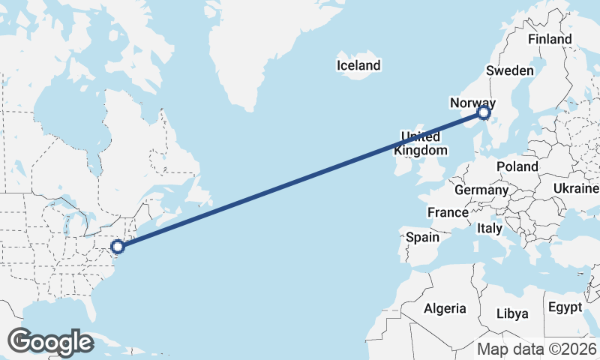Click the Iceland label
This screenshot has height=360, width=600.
pyautogui.click(x=358, y=66)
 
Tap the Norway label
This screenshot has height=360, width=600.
pyautogui.click(x=472, y=103)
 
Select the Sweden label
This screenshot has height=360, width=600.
pyautogui.click(x=509, y=70)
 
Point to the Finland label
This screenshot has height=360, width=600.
pyautogui.click(x=549, y=39)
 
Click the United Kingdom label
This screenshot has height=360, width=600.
pyautogui.click(x=420, y=143)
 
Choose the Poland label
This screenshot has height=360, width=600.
pyautogui.click(x=517, y=166)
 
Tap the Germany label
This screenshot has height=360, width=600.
pyautogui.click(x=481, y=190)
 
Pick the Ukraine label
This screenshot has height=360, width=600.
pyautogui.click(x=576, y=187)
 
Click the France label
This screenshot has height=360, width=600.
pyautogui.click(x=448, y=213)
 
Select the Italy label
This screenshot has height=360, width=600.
pyautogui.click(x=490, y=227)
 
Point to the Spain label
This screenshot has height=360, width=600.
pyautogui.click(x=422, y=237)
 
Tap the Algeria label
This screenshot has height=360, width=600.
pyautogui.click(x=445, y=308)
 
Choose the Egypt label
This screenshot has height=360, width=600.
pyautogui.click(x=565, y=307)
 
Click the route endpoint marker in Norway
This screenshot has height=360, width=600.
pyautogui.click(x=484, y=113)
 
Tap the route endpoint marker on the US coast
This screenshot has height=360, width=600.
pyautogui.click(x=118, y=246)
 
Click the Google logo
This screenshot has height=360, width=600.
pyautogui.click(x=50, y=342)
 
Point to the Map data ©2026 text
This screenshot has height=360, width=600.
pyautogui.click(x=537, y=349)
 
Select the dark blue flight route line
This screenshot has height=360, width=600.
pyautogui.click(x=300, y=180)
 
